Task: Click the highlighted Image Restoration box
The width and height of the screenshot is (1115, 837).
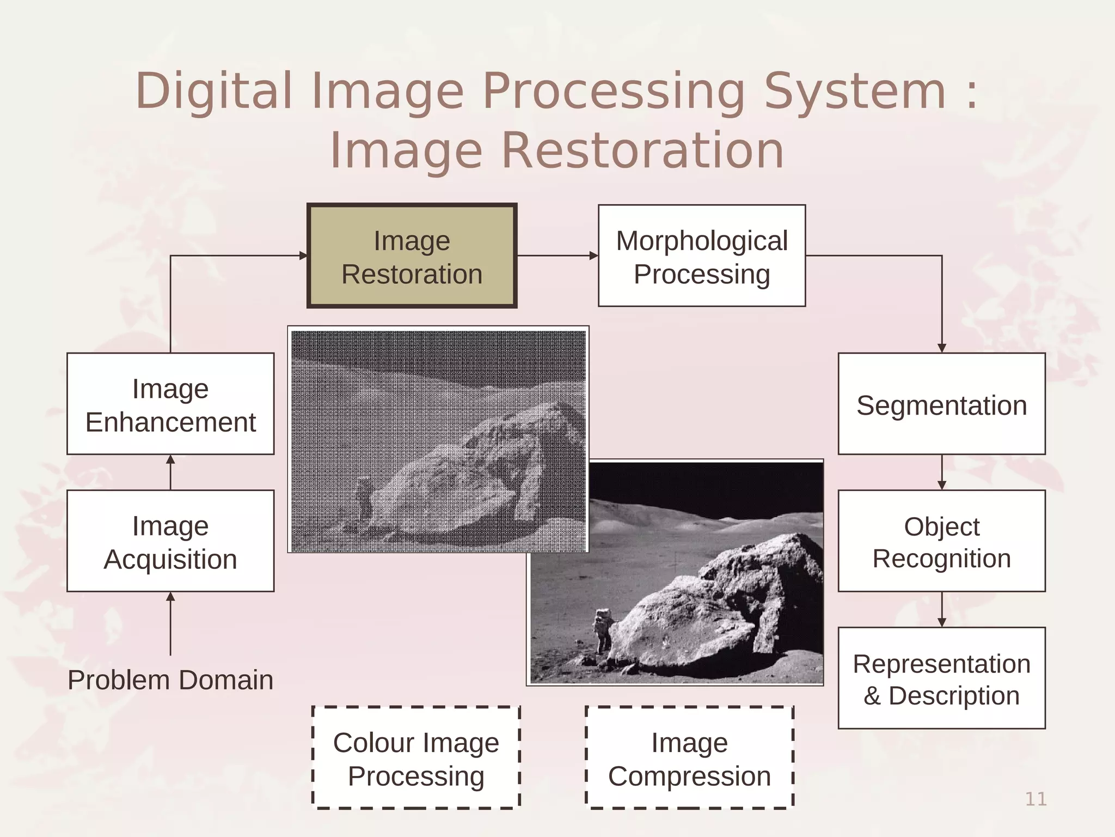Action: tap(412, 256)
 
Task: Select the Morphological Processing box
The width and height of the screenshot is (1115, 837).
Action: tap(702, 256)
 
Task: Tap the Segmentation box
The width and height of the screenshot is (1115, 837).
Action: tap(941, 404)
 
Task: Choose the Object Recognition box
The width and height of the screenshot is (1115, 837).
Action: tap(941, 541)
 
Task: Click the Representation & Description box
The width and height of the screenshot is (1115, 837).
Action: tap(941, 678)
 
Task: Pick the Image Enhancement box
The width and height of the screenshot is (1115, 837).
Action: tap(170, 404)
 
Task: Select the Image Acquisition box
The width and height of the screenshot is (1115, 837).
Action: tap(170, 541)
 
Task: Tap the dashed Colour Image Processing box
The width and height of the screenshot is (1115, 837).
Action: tap(416, 759)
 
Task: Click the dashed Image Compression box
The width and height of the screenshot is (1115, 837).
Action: tap(689, 759)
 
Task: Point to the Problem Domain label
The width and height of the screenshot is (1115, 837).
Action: tap(170, 680)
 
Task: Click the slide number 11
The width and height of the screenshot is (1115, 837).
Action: tap(1036, 799)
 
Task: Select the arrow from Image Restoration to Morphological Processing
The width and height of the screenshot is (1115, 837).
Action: tap(557, 256)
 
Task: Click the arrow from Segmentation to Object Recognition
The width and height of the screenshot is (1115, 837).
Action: tap(942, 472)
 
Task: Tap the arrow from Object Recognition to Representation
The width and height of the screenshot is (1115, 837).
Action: tap(942, 610)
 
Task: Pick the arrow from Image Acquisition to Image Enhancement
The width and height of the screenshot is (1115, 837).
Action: tap(170, 472)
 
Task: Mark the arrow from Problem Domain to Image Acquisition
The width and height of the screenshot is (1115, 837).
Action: tap(170, 623)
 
